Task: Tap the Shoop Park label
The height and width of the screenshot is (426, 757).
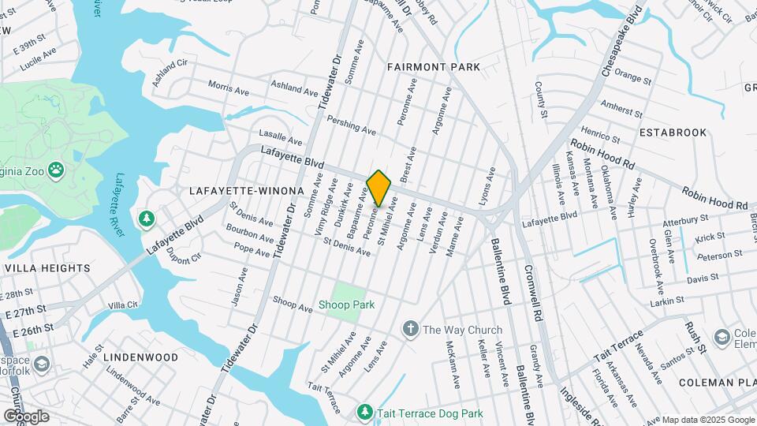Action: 346,305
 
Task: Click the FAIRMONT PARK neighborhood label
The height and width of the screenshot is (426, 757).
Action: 434,68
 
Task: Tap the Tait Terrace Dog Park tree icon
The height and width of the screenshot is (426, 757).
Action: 364,411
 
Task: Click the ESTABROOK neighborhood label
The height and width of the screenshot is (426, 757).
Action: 673,133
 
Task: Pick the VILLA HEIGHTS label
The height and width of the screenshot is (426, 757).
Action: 47,268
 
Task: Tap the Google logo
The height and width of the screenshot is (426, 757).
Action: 26,416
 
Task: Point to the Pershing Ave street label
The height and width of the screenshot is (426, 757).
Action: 351,126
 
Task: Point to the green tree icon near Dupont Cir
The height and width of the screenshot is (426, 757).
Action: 145,219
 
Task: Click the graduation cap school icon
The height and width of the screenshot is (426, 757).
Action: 721,338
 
